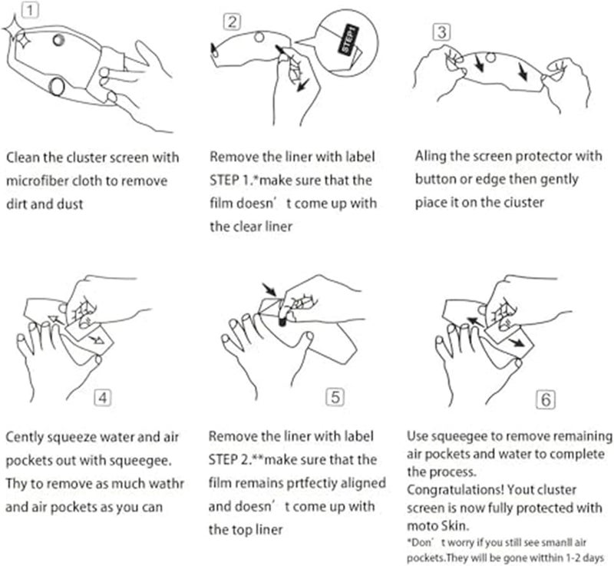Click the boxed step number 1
[x=27, y=11]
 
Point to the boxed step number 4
[x=104, y=399]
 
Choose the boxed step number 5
[x=335, y=398]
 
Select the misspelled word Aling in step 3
[x=431, y=157]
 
